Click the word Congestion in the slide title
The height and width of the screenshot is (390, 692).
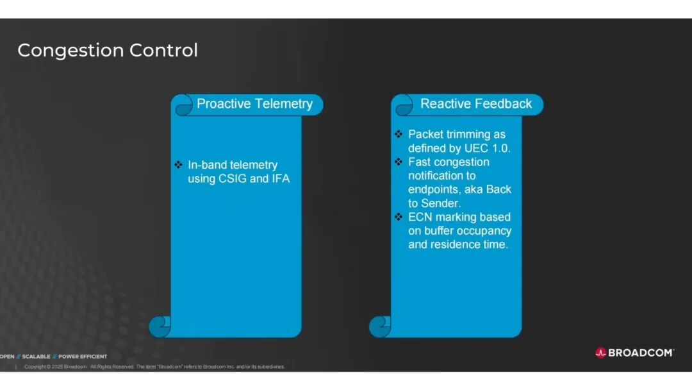[x=71, y=51]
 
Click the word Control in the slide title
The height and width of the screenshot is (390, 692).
[x=164, y=50]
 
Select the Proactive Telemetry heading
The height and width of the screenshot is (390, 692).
[x=254, y=104]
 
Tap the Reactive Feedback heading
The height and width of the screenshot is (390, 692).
[x=475, y=104]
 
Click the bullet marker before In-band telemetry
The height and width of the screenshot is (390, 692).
[x=178, y=165]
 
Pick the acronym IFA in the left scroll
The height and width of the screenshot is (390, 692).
[x=281, y=179]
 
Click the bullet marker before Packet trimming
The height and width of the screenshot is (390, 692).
[x=399, y=134]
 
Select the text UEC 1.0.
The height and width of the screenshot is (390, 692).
[x=487, y=148]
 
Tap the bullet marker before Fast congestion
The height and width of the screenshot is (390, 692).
[x=399, y=162]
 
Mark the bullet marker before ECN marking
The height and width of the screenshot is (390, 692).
[x=399, y=216]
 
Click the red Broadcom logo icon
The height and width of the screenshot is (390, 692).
[x=600, y=352]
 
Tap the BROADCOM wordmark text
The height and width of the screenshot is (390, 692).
[x=641, y=352]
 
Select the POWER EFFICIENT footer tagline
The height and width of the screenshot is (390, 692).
[x=83, y=357]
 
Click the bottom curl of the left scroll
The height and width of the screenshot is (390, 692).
[x=160, y=326]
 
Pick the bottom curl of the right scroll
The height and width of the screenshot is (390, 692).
[x=380, y=326]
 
